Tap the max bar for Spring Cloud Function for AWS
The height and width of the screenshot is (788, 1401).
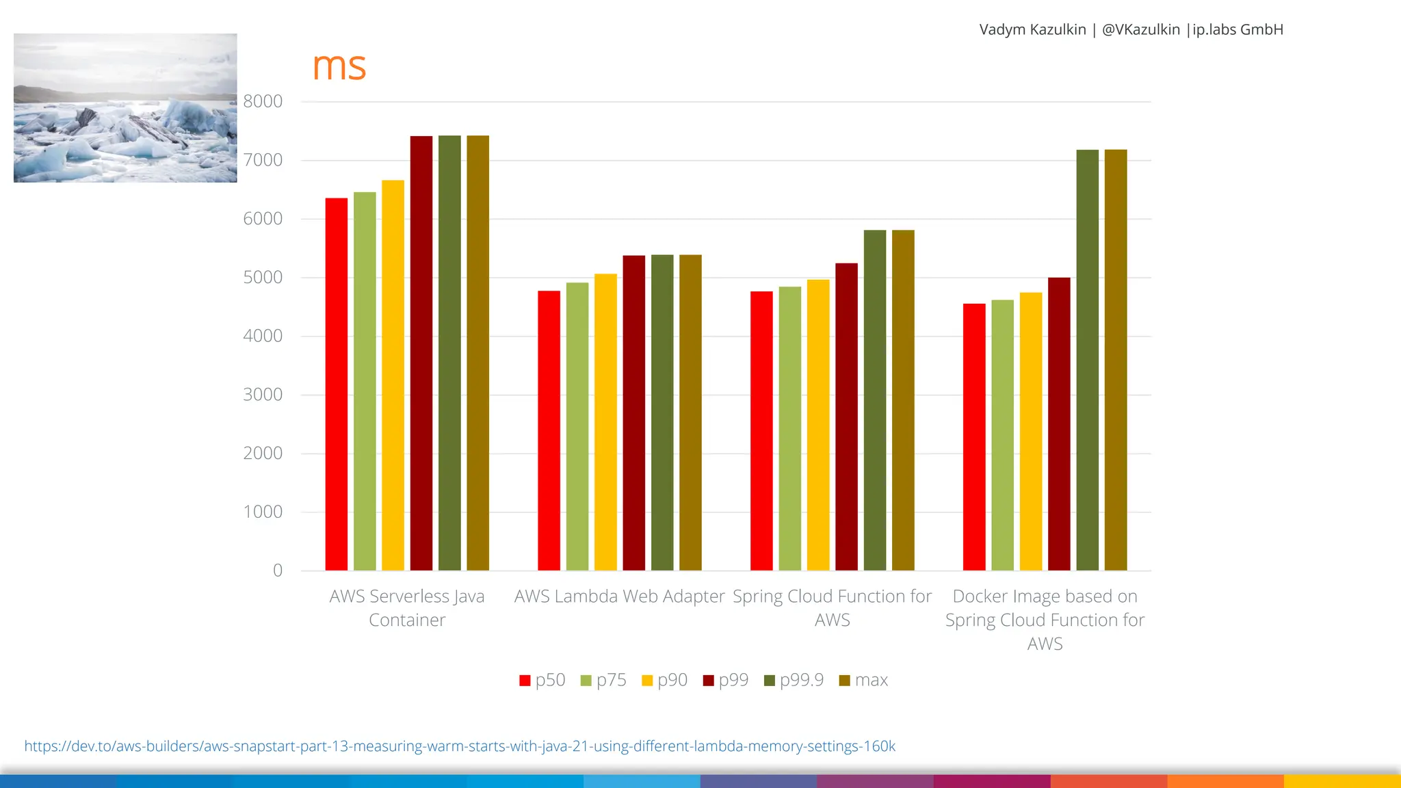point(903,400)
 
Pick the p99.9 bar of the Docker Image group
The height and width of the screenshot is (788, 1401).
point(1088,360)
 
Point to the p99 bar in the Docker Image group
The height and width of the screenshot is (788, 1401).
point(1059,424)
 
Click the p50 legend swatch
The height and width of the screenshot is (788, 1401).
point(525,681)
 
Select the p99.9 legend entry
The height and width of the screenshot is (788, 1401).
point(794,680)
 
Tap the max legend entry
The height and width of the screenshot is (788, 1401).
point(863,680)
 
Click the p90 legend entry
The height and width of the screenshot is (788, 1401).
point(665,680)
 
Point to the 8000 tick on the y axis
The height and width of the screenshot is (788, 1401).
point(263,101)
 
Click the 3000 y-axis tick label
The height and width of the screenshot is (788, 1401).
point(263,395)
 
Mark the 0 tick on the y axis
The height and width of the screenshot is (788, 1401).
point(278,570)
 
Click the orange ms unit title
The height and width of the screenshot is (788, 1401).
point(339,66)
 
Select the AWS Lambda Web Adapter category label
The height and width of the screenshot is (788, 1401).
point(619,596)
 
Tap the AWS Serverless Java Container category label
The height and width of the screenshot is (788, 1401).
point(407,608)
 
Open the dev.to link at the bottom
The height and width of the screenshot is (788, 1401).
point(460,746)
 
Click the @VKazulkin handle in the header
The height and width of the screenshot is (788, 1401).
point(1140,29)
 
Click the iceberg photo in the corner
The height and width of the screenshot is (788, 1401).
point(125,108)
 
